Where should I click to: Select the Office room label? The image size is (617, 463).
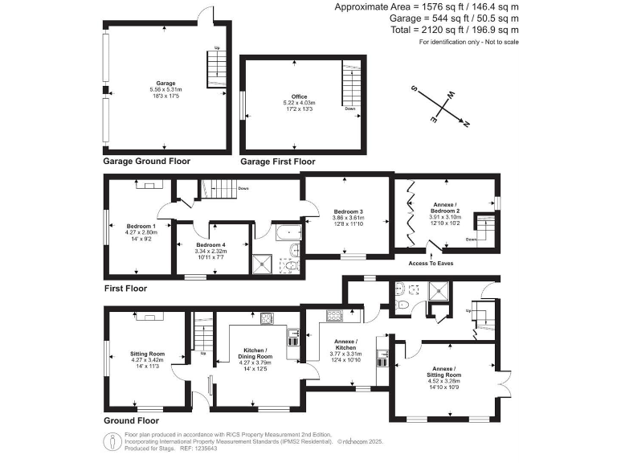point(299,96)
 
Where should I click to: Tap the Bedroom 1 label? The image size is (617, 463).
point(141,226)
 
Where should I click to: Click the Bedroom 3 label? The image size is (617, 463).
point(349,211)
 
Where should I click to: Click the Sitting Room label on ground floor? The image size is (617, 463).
point(147,354)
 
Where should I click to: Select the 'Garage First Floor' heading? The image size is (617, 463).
point(278,162)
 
